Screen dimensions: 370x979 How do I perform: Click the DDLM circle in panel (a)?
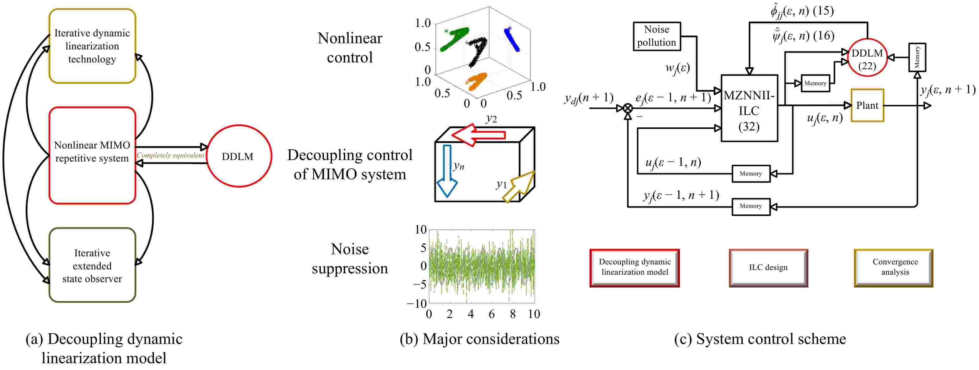point(239,156)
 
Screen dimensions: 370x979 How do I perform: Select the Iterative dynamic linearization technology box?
point(92,46)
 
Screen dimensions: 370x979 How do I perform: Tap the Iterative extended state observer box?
point(92,265)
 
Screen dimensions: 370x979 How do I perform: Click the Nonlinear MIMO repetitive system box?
point(92,155)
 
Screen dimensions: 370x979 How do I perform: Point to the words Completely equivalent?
point(170,155)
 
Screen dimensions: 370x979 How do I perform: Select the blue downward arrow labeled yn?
point(447,171)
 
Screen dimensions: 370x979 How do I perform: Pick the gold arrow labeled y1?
point(519,186)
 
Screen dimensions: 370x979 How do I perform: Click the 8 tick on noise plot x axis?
point(513,314)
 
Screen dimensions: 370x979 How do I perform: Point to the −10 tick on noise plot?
point(416,304)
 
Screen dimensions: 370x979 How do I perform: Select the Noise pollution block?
point(657,36)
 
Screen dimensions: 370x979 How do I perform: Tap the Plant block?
point(867,106)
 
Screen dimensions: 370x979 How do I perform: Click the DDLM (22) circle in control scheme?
point(867,58)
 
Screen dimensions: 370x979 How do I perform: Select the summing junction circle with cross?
point(628,108)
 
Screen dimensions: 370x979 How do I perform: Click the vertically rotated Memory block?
point(917,57)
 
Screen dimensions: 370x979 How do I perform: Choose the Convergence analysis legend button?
point(895,267)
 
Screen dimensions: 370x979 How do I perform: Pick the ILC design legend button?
point(768,267)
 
